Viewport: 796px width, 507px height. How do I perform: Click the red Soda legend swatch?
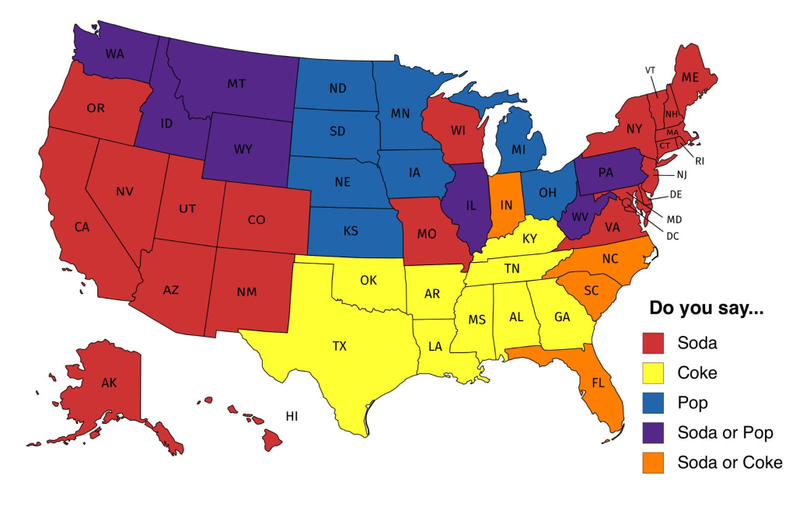[654, 342]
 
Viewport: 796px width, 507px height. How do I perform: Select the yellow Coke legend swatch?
[654, 372]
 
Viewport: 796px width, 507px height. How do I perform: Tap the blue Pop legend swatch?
[654, 403]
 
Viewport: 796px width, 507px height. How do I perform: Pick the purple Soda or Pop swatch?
[654, 432]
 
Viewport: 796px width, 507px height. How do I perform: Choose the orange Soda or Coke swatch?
[654, 462]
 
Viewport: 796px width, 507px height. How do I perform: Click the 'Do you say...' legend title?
[706, 309]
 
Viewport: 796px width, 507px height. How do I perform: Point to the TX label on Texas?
[340, 347]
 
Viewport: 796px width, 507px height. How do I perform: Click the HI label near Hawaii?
[292, 416]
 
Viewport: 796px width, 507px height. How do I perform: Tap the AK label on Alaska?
[110, 383]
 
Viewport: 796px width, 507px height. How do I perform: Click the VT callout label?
[650, 70]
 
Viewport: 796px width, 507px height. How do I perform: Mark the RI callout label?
[699, 161]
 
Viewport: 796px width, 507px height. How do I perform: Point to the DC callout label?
[672, 236]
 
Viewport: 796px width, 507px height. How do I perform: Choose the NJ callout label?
[682, 175]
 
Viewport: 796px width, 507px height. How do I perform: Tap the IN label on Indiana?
[506, 205]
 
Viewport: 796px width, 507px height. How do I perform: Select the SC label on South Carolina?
[592, 290]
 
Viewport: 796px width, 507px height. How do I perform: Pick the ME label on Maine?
[690, 78]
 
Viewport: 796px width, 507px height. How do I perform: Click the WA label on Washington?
[114, 56]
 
